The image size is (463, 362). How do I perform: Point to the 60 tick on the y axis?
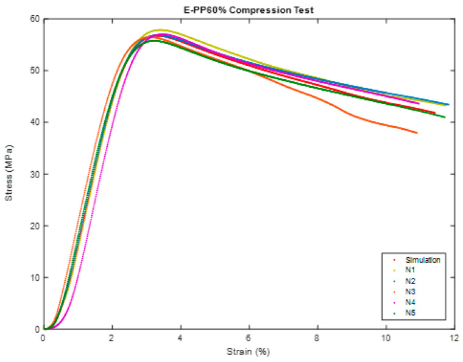tap(34, 19)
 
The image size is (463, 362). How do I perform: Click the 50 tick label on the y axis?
tap(34, 71)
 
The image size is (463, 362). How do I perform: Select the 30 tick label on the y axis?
tap(34, 174)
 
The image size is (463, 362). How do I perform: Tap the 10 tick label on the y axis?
tap(34, 278)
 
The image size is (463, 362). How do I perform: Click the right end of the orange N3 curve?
tap(417, 133)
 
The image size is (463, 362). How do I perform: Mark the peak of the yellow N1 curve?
tap(161, 30)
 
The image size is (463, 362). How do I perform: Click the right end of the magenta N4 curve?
tap(419, 104)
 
